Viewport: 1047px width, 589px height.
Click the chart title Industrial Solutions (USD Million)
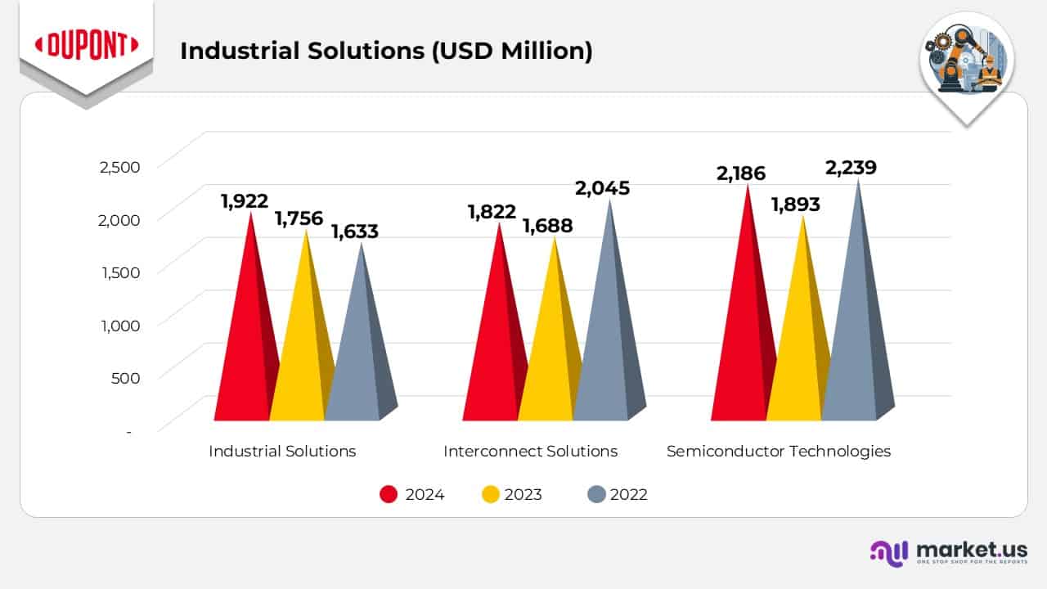coord(385,51)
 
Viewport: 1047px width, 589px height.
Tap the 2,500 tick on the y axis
coord(119,167)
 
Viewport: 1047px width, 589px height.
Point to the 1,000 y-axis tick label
coord(119,325)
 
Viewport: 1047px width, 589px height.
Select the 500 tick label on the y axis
coord(125,378)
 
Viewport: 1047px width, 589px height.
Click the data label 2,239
coord(851,168)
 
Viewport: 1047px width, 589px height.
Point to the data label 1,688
coord(548,225)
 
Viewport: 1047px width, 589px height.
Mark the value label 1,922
coord(245,200)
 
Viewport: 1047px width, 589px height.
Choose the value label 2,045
coord(602,188)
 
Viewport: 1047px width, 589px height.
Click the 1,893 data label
coord(795,205)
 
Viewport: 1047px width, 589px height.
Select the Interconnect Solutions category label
coord(530,451)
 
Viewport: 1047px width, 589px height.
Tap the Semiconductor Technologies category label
coord(778,451)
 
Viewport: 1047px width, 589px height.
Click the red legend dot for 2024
coord(389,494)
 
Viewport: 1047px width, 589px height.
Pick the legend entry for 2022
coord(618,494)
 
